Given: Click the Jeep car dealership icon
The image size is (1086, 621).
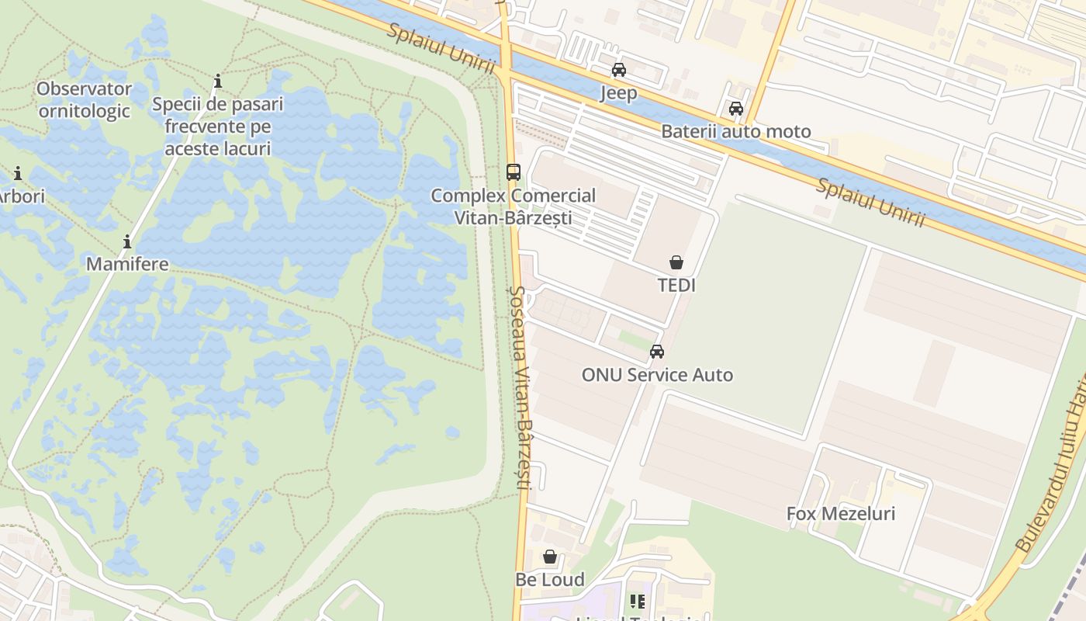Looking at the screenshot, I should (x=618, y=70).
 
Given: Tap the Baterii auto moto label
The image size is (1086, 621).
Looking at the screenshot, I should (x=735, y=131).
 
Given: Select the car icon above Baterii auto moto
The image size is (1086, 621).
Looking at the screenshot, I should (x=735, y=109).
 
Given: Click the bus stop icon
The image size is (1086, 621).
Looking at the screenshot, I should (x=514, y=172).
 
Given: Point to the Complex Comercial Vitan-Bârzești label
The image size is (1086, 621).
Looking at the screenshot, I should (x=514, y=206).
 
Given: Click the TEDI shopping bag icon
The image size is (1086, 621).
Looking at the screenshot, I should (x=676, y=262).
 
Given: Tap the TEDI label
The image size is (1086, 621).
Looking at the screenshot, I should (x=676, y=285).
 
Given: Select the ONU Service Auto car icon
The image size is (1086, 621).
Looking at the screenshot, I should (x=657, y=352).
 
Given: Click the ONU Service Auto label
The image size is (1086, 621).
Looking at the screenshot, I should (x=657, y=375).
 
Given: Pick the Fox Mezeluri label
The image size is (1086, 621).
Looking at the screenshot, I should (x=841, y=513).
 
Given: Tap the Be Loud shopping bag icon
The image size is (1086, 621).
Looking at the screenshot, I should (x=550, y=557).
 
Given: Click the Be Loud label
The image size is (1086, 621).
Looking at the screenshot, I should (x=550, y=579).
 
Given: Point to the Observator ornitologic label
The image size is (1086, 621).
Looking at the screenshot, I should (x=84, y=99).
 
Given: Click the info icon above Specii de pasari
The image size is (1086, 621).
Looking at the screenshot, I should (x=218, y=81).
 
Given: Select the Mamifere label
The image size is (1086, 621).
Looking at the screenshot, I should (x=127, y=264).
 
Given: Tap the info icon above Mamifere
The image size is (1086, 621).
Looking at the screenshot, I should (x=127, y=241).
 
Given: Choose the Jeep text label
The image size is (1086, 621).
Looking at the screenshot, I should (x=618, y=93).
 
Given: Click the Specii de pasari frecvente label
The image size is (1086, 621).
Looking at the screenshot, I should (x=218, y=126).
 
